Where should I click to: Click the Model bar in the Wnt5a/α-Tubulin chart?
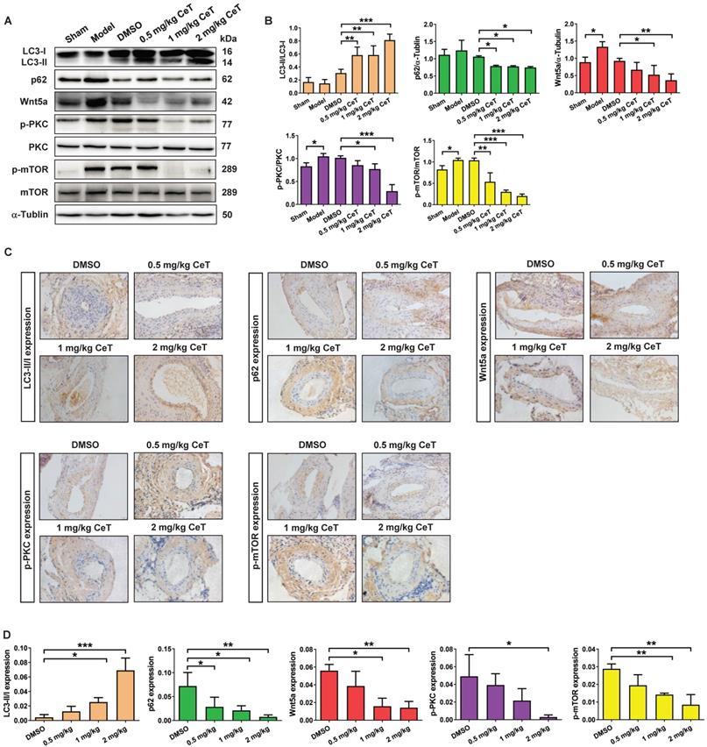[x=605, y=63]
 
